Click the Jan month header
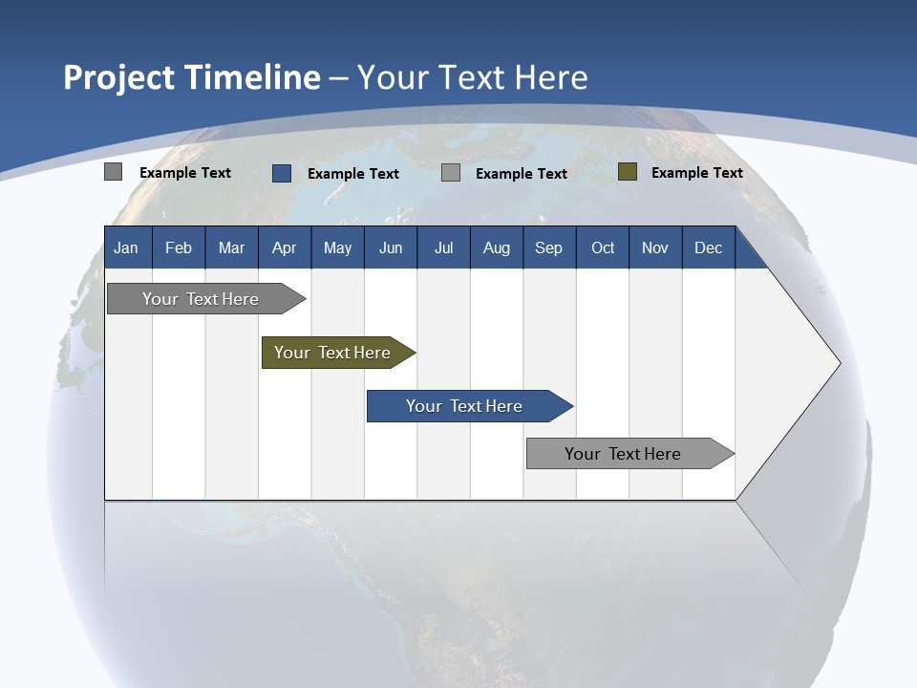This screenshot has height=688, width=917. [127, 247]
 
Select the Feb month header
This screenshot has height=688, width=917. [179, 247]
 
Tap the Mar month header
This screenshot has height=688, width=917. [231, 247]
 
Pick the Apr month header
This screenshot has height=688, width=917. [285, 247]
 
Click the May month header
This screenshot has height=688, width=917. [337, 247]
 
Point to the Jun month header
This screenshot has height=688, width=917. [391, 247]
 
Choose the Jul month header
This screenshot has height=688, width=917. [443, 247]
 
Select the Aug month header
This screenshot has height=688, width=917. [497, 247]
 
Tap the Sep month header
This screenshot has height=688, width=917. [549, 247]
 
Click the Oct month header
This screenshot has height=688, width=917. [603, 247]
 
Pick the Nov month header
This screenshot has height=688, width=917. [655, 247]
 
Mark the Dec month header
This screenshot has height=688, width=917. [709, 247]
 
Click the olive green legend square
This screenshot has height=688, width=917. [628, 172]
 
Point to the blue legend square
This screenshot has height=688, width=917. [282, 173]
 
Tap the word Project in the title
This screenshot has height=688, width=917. [117, 77]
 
